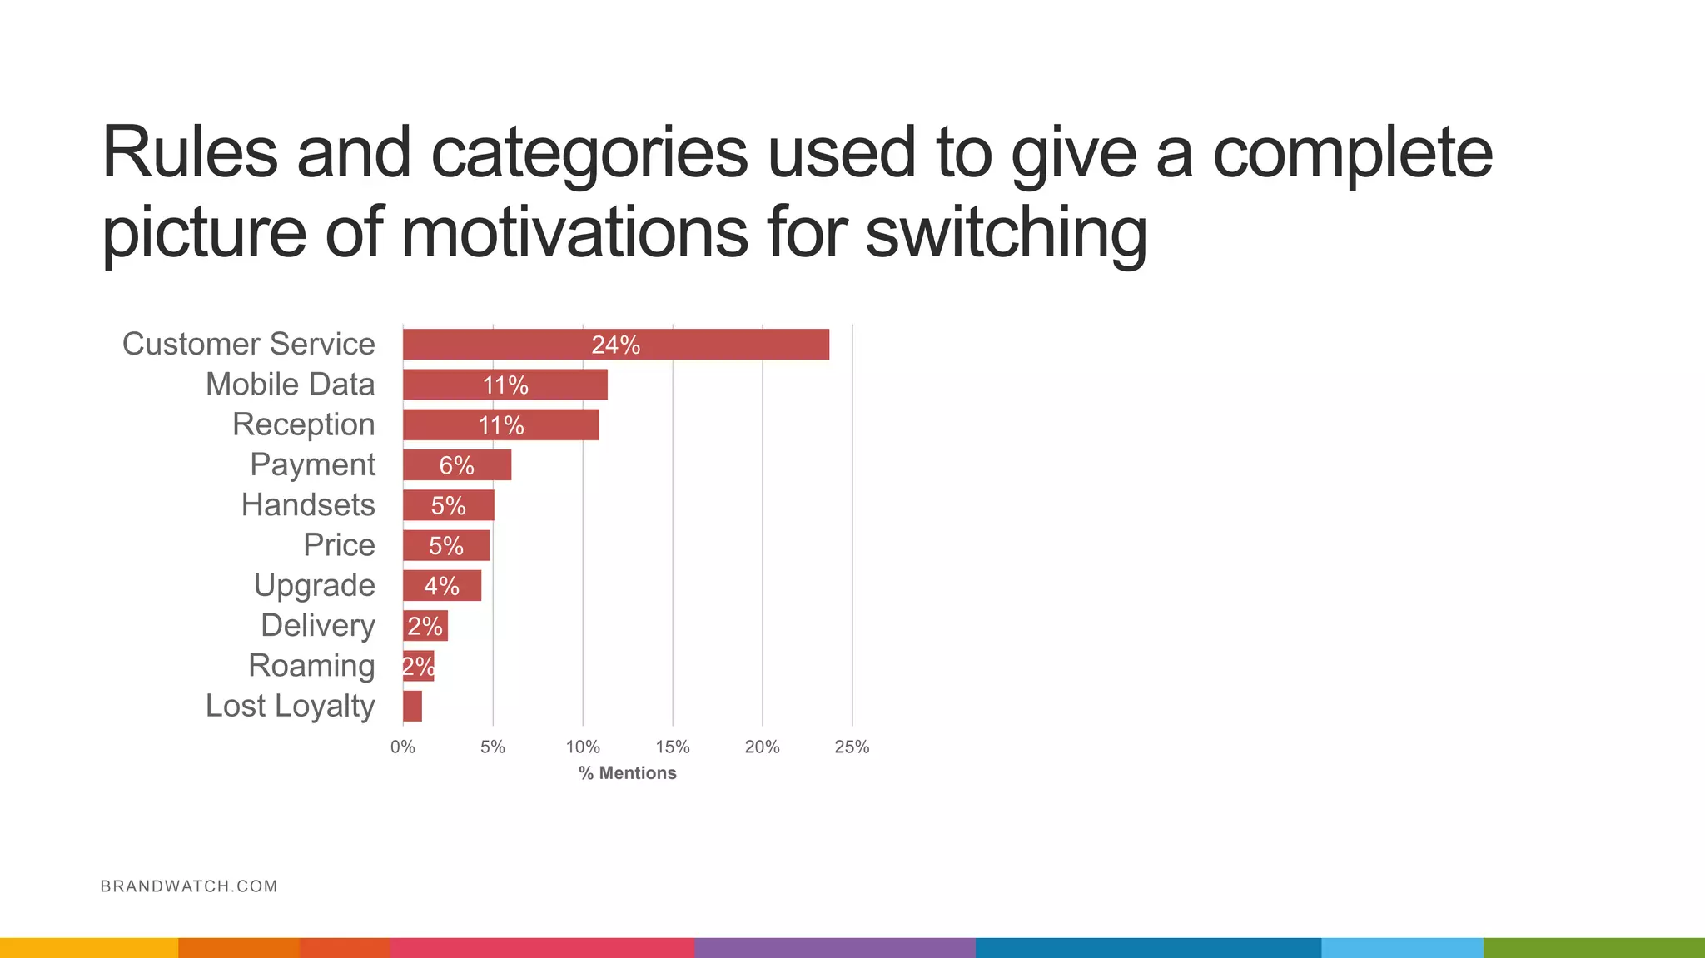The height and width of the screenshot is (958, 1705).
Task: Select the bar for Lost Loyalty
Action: click(x=412, y=707)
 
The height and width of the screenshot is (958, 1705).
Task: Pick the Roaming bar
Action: click(x=418, y=667)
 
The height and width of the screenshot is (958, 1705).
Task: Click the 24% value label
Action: click(x=615, y=345)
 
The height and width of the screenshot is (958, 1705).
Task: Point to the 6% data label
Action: click(x=456, y=465)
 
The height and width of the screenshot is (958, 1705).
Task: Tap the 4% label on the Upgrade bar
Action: click(x=441, y=586)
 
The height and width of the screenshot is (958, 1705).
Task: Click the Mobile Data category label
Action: click(x=290, y=385)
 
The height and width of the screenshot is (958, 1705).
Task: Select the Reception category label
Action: click(x=303, y=424)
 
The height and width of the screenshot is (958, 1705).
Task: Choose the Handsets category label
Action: click(x=308, y=505)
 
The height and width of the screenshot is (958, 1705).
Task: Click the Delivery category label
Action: click(x=317, y=626)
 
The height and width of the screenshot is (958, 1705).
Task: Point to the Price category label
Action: click(x=339, y=545)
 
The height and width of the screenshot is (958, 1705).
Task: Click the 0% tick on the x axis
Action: click(x=403, y=747)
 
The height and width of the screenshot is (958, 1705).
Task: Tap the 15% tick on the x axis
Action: click(x=672, y=747)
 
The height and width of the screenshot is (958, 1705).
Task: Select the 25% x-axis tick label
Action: click(x=852, y=747)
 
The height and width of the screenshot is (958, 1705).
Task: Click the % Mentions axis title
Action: click(x=628, y=773)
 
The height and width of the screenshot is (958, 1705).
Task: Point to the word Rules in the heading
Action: click(x=190, y=152)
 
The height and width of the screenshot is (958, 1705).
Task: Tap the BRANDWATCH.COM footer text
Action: click(x=189, y=886)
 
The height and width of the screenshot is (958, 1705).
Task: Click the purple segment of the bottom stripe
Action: click(x=834, y=947)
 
